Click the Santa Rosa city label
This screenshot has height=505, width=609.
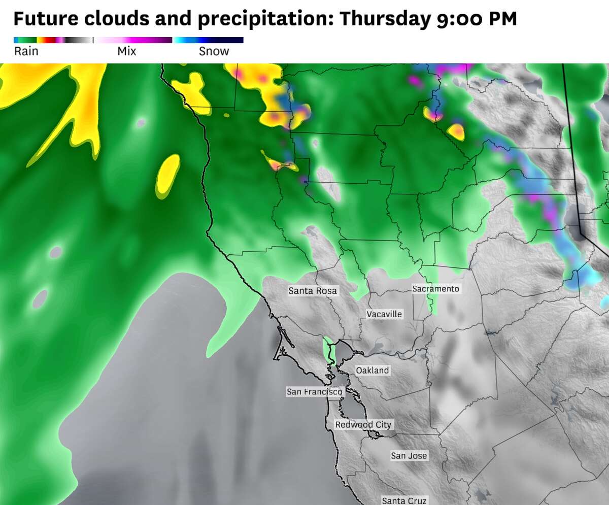(313, 291)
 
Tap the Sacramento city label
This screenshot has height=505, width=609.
(435, 289)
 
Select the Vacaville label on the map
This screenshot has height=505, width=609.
(384, 314)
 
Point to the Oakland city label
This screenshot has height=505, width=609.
(372, 371)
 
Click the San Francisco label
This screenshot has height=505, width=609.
(315, 391)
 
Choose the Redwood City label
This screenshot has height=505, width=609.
(363, 424)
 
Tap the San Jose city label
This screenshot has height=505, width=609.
(409, 456)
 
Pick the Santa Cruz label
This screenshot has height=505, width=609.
(404, 500)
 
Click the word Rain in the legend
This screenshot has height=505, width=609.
(26, 51)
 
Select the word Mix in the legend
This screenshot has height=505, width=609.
(126, 51)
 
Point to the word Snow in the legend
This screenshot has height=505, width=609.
(214, 51)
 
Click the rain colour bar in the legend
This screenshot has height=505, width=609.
(53, 40)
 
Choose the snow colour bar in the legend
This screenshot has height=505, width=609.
(209, 40)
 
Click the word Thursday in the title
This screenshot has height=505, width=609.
(384, 19)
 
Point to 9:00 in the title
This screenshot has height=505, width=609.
(457, 19)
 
